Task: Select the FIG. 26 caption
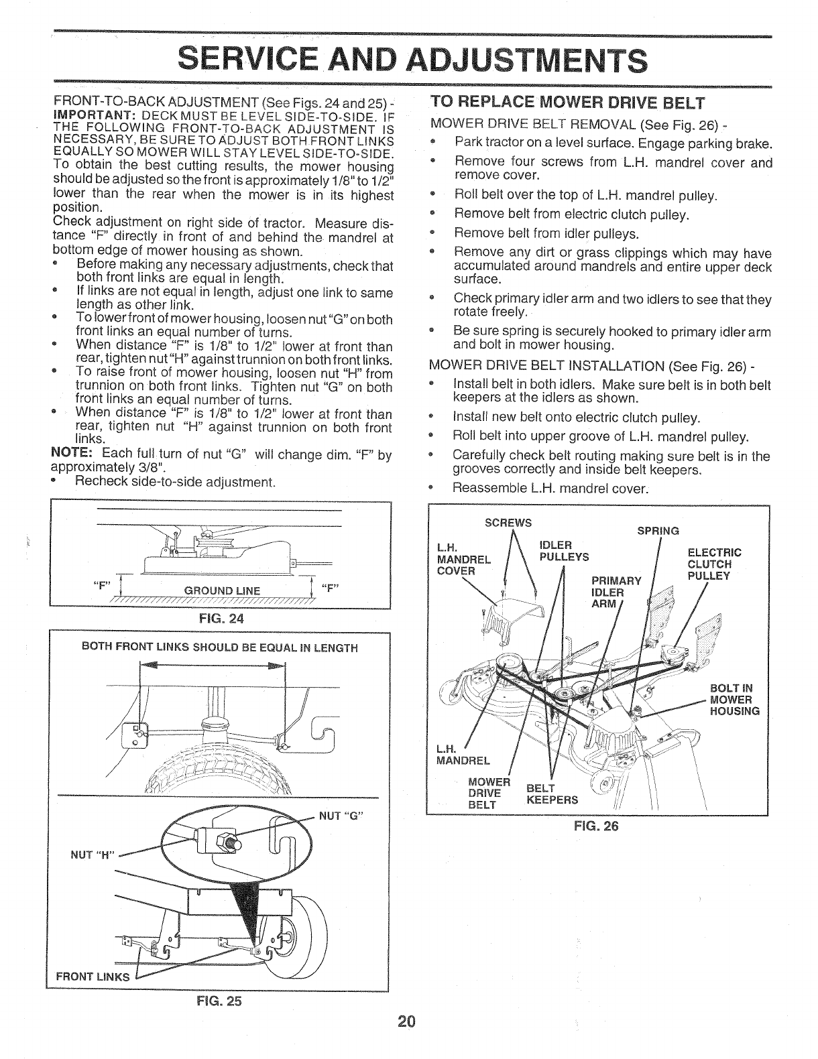596,825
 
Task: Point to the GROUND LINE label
218,590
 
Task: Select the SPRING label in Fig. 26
658,531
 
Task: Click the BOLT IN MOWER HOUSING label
734,700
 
